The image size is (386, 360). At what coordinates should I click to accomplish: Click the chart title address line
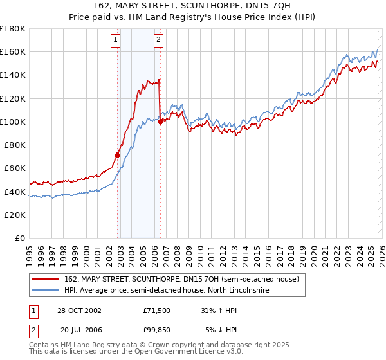(x=192, y=6)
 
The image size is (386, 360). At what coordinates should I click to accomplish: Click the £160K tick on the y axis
(x=13, y=51)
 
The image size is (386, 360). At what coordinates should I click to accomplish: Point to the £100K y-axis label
(x=13, y=122)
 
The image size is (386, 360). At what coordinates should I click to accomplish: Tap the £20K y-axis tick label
(x=15, y=215)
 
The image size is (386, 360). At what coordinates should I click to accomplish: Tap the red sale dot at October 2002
(x=118, y=155)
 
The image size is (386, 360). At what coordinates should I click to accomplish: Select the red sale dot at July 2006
(x=160, y=122)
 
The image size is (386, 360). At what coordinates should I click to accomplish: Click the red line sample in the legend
(x=45, y=280)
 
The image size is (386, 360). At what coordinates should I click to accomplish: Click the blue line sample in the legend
(x=45, y=291)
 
